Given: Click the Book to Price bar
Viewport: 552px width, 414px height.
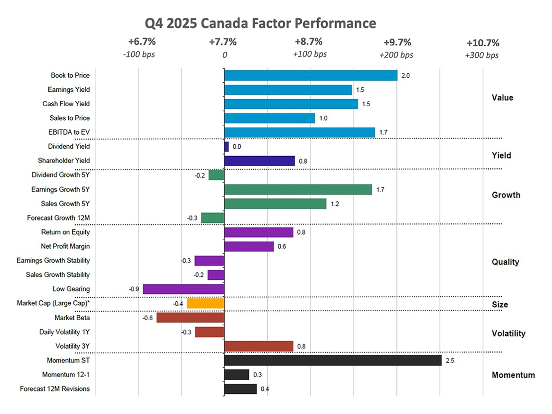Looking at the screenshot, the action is point(311,75).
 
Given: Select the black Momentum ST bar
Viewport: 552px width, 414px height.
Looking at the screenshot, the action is point(333,361).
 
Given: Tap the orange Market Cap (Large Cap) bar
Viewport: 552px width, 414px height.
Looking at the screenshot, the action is point(205,303).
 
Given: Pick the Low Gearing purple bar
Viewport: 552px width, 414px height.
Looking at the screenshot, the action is point(184,289).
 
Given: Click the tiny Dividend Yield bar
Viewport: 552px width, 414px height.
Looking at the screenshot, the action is point(226,147).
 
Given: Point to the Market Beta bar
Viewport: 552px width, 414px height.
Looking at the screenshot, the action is point(190,318).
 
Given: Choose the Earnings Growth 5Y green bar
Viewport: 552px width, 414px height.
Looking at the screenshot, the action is point(298,190).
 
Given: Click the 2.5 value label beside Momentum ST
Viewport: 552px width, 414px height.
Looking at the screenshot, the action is point(450,361).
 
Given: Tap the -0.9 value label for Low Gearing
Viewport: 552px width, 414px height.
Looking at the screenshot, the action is point(134,289).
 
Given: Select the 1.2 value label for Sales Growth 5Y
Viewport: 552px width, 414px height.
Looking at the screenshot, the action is point(335,204).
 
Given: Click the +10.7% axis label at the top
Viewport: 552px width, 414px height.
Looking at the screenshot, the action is point(483,43).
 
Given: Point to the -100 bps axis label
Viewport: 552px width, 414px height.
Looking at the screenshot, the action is point(139,54).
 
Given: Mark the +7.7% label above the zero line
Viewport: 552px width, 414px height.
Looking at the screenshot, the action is point(223,42).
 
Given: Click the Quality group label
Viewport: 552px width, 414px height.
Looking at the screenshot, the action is point(505,262).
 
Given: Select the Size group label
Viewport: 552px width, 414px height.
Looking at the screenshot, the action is point(500,305).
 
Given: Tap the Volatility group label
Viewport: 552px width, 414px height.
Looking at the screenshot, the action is point(508,333).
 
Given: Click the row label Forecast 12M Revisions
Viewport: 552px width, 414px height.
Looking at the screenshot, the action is point(55,389).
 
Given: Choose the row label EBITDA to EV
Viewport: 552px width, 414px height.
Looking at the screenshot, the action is point(69,132).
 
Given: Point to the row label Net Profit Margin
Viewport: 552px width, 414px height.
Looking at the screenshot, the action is point(65,246).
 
